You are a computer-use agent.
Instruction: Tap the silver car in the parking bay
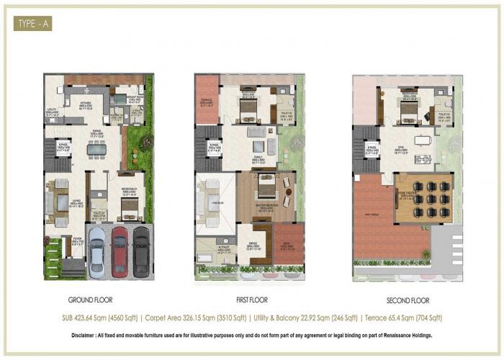pos(97,251)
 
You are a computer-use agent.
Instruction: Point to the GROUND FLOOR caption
pos(90,300)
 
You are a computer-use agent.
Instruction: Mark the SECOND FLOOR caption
pos(405,300)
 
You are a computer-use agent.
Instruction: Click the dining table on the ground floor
pos(96,149)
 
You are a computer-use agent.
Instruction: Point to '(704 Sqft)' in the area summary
pos(426,318)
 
